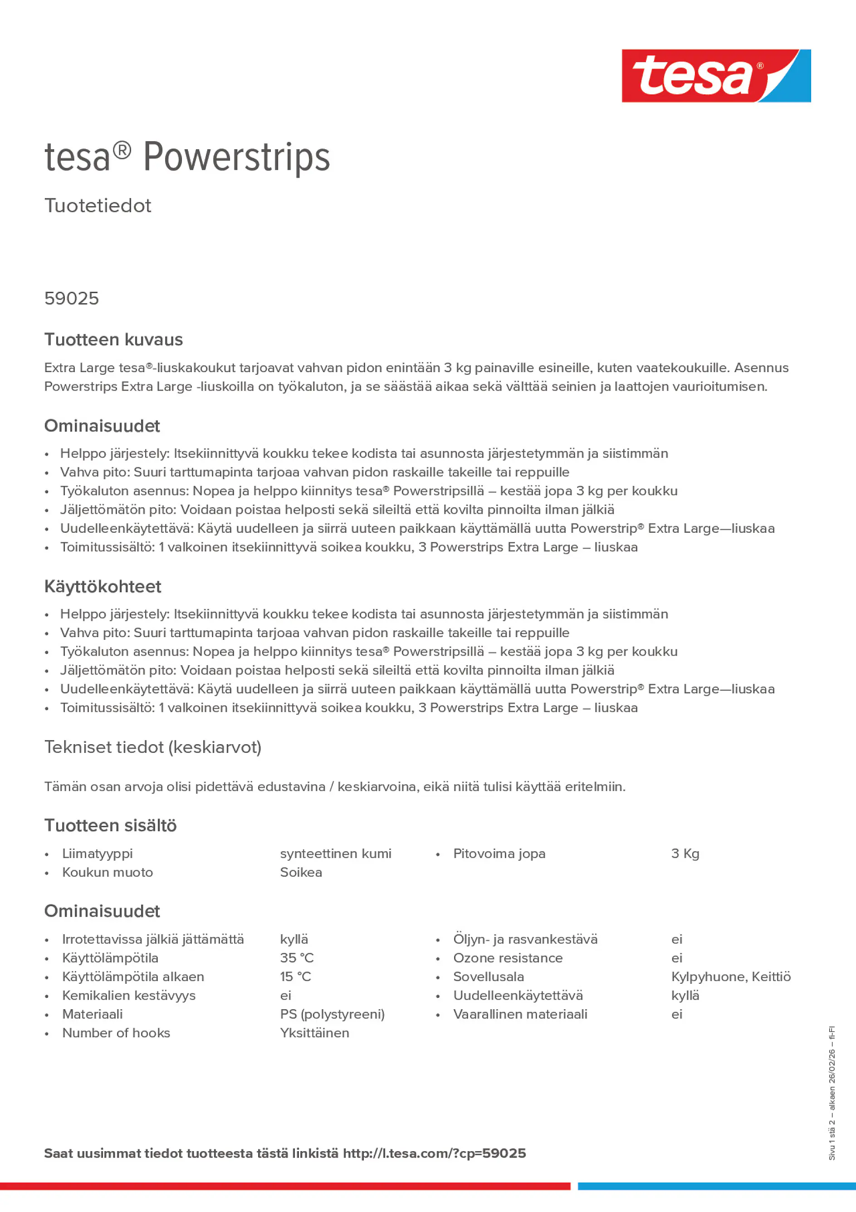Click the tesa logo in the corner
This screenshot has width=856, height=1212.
[x=716, y=76]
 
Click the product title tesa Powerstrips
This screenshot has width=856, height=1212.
[x=187, y=157]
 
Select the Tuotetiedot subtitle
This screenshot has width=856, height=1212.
[x=98, y=206]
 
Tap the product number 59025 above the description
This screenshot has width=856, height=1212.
[x=71, y=299]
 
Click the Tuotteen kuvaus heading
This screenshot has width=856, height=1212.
[x=113, y=339]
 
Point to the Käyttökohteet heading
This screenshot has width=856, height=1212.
[x=103, y=586]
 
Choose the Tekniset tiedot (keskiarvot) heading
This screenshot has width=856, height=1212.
[x=152, y=747]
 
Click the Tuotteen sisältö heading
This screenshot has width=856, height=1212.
[x=110, y=825]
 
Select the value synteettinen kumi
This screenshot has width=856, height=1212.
[x=336, y=854]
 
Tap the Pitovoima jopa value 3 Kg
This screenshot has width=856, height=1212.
[x=685, y=854]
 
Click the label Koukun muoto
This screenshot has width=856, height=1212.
[x=108, y=872]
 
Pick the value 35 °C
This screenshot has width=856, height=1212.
[x=297, y=957]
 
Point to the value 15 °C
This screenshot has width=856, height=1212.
[x=295, y=976]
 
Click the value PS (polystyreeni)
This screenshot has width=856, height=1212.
[x=332, y=1014]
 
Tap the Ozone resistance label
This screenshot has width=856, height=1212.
[x=508, y=957]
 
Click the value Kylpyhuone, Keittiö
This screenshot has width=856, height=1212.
[x=731, y=976]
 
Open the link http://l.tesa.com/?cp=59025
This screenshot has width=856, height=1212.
[x=434, y=1153]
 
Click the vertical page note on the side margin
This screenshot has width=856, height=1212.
[x=832, y=1093]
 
